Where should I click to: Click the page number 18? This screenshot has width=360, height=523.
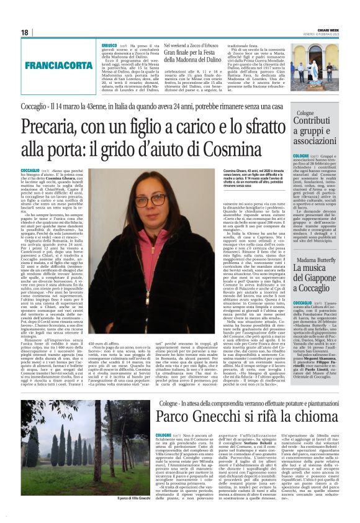(x=24, y=32)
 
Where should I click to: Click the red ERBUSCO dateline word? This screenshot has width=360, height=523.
(x=109, y=45)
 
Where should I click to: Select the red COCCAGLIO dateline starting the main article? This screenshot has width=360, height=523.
(x=30, y=170)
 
